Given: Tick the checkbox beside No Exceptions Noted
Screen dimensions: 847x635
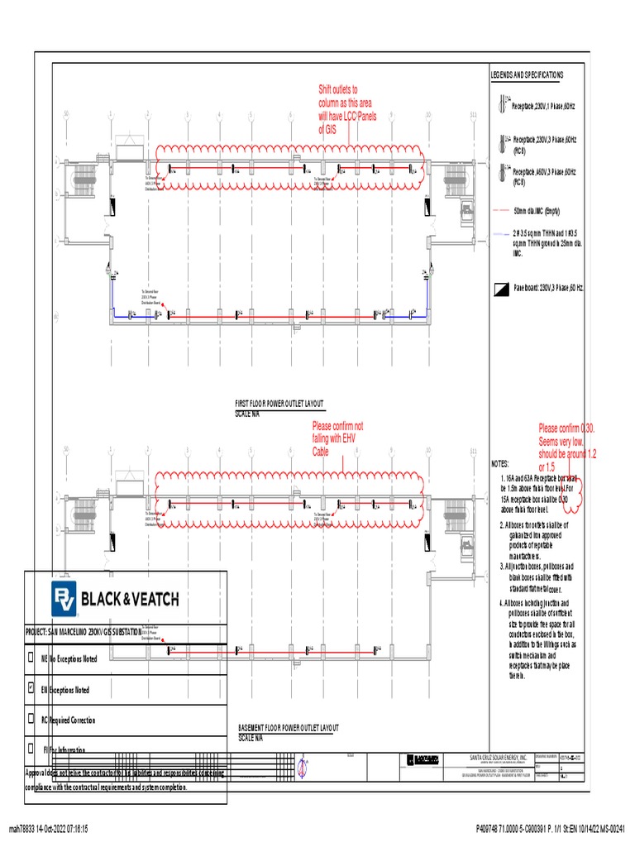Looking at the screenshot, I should click(x=31, y=658).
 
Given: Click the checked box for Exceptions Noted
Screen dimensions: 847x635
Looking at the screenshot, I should click(x=31, y=689).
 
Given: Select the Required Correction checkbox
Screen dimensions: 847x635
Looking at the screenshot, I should click(x=31, y=720).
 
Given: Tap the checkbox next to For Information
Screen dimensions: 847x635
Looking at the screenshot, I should click(x=31, y=749).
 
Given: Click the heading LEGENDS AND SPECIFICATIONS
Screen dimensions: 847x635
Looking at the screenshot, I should click(x=527, y=75).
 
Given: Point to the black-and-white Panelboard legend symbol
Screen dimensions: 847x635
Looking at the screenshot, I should click(x=499, y=288).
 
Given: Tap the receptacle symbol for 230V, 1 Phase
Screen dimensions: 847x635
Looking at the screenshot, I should click(x=501, y=104).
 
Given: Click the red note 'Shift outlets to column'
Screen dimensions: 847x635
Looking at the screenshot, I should click(x=347, y=109).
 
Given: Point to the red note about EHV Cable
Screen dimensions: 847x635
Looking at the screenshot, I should click(x=337, y=439).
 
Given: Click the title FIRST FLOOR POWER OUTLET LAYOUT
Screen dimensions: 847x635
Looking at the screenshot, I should click(x=279, y=403).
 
